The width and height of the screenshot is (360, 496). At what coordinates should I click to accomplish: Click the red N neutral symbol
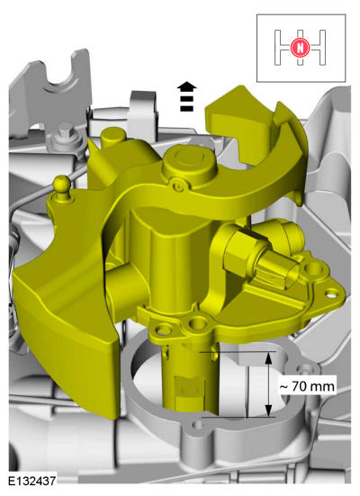[301, 48]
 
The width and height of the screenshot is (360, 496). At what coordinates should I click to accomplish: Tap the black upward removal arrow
[186, 96]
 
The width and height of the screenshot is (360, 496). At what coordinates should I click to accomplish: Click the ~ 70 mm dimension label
[307, 386]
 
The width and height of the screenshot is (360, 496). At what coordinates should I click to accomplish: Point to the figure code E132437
[32, 481]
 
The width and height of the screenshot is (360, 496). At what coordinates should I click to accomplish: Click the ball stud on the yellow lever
[62, 186]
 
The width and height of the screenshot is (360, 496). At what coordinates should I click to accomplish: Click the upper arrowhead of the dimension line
[268, 358]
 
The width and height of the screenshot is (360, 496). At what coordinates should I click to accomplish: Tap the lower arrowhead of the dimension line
[268, 410]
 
